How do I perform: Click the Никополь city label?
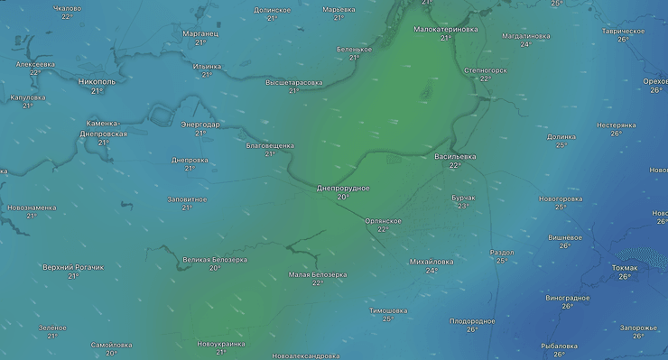tap(97, 81)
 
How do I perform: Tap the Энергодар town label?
tap(199, 124)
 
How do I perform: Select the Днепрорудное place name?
tap(343, 188)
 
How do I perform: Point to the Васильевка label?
tap(455, 156)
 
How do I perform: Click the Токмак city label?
tap(625, 267)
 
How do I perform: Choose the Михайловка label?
tap(431, 262)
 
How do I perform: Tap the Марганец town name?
tap(200, 33)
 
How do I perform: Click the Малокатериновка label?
tap(446, 29)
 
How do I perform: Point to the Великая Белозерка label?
tap(215, 259)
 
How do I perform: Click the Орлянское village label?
tap(383, 220)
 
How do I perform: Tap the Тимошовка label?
tap(388, 310)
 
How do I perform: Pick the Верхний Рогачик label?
tap(73, 267)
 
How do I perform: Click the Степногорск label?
tap(485, 69)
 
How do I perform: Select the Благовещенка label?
tap(270, 145)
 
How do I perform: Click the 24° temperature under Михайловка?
tap(431, 271)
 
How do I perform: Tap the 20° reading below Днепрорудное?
tap(343, 197)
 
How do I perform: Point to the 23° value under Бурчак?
tap(463, 206)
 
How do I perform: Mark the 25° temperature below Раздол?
tap(501, 261)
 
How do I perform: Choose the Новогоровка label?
tap(561, 198)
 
